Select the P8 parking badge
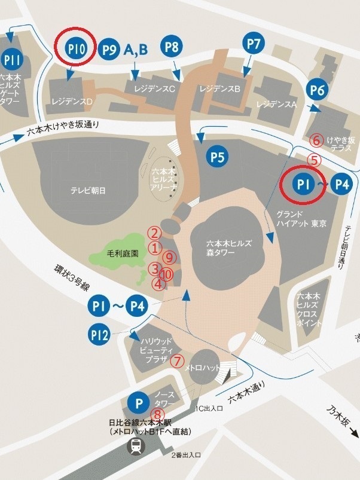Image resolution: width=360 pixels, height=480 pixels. tap(172, 46)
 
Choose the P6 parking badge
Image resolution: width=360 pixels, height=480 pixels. tap(318, 90)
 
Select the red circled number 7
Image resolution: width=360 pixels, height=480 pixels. tap(177, 361)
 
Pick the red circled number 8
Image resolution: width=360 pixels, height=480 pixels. tap(158, 414)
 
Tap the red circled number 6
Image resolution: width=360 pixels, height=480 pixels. tap(318, 140)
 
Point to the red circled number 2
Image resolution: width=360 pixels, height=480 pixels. tap(155, 233)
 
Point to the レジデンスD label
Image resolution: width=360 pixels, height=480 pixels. tap(72, 102)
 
